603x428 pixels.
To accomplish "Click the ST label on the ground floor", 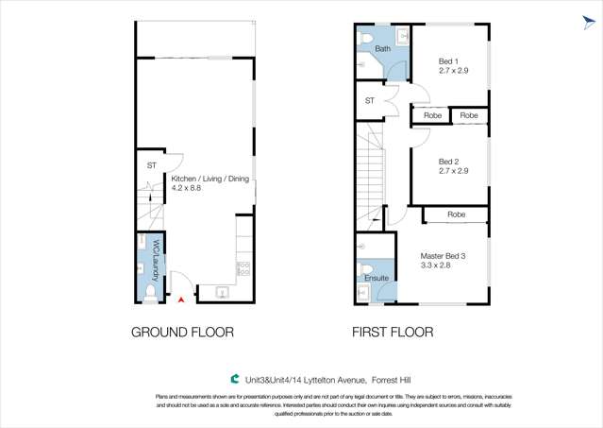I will [151, 165].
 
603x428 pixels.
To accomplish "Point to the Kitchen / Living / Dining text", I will [209, 178].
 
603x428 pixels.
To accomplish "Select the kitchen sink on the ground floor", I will [222, 292].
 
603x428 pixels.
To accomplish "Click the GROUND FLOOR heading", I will [182, 333].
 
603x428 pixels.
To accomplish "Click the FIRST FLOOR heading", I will [393, 333].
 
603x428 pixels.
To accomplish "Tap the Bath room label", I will [382, 48].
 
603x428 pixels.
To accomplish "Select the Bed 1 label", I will [448, 61].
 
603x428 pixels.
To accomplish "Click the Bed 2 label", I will [448, 162].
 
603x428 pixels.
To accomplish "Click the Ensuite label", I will [376, 279].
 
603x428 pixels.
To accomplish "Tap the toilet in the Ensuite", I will [363, 270].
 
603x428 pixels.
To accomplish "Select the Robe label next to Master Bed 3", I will [456, 214].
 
